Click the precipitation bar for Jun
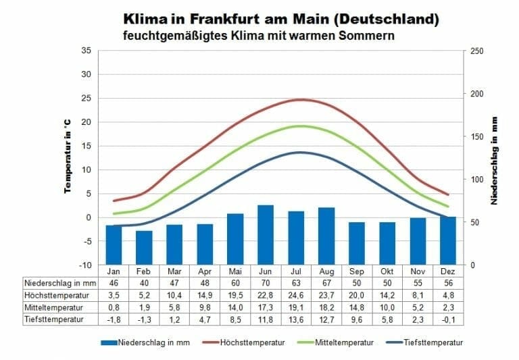(266, 234)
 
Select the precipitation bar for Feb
(144, 247)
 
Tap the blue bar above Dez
(448, 240)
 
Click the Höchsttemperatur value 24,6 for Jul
(296, 294)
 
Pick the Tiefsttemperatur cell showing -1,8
(114, 319)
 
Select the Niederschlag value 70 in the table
(266, 282)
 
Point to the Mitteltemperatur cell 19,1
(296, 307)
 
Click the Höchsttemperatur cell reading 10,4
(174, 294)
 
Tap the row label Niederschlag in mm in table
(51, 282)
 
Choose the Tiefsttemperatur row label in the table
(47, 319)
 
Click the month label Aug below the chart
(326, 271)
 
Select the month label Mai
(235, 271)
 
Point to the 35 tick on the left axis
(86, 51)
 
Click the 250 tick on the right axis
(476, 51)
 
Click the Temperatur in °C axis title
(68, 157)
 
